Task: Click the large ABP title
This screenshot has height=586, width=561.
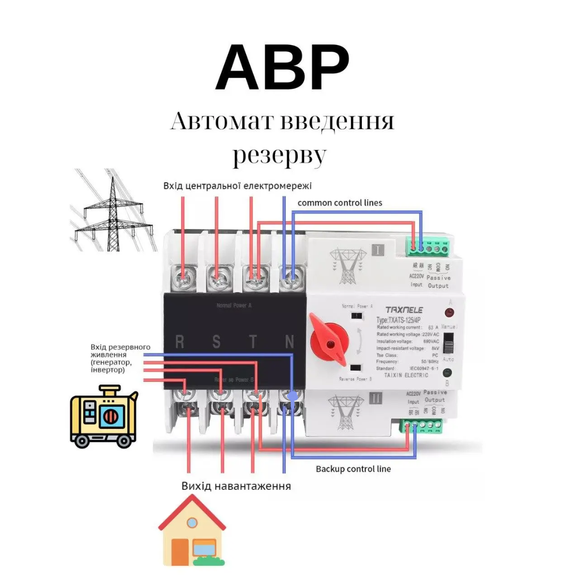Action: click(x=282, y=68)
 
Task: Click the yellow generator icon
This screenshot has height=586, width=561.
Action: click(x=103, y=417)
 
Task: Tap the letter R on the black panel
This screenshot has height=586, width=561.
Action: click(x=180, y=342)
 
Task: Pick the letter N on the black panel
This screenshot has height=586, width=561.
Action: click(x=290, y=342)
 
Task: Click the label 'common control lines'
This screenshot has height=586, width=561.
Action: click(x=340, y=203)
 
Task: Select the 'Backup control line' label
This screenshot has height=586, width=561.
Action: click(x=353, y=469)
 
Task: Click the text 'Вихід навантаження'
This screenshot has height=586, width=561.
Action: click(x=236, y=486)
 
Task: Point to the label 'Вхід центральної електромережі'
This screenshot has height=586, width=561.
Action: click(x=237, y=186)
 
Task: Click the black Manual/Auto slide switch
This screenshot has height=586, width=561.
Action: click(x=449, y=342)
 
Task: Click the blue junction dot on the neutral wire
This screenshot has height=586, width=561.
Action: click(x=292, y=396)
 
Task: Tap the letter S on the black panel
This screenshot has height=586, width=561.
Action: click(x=216, y=342)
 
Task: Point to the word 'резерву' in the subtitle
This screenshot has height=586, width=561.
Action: click(x=279, y=156)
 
